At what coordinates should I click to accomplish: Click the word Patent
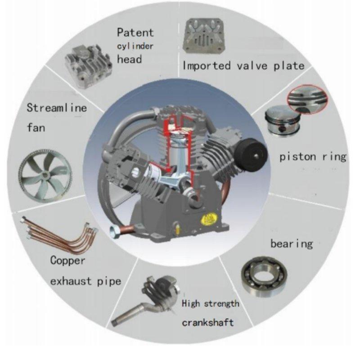pyautogui.click(x=135, y=32)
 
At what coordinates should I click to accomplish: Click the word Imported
pyautogui.click(x=207, y=66)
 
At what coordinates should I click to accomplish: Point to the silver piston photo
pyautogui.click(x=283, y=121)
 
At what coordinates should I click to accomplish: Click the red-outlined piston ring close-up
pyautogui.click(x=307, y=99)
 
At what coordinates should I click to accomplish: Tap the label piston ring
pyautogui.click(x=313, y=157)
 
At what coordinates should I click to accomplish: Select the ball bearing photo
pyautogui.click(x=264, y=276)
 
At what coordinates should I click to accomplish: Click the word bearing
pyautogui.click(x=292, y=244)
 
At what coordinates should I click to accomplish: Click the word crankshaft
pyautogui.click(x=208, y=322)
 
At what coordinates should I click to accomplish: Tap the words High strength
pyautogui.click(x=211, y=304)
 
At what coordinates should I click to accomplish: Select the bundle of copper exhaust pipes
pyautogui.click(x=60, y=234)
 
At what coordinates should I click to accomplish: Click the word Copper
pyautogui.click(x=68, y=261)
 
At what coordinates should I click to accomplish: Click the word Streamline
pyautogui.click(x=57, y=108)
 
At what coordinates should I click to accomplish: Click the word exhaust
pyautogui.click(x=71, y=281)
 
